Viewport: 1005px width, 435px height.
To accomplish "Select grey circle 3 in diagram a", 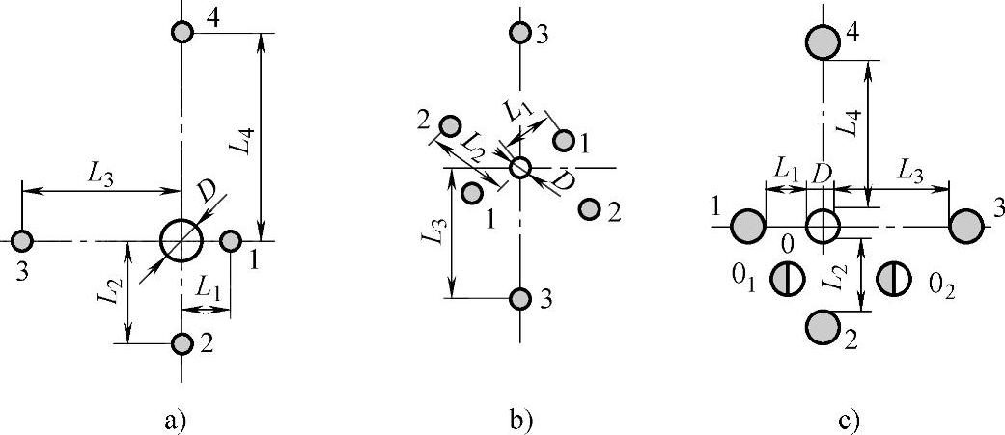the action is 21,239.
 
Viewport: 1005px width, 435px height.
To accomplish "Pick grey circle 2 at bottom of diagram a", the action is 182,343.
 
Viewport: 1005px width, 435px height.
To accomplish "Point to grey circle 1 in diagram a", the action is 231,240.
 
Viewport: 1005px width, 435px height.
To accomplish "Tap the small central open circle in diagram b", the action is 520,168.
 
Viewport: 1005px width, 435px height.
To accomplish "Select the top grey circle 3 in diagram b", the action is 521,33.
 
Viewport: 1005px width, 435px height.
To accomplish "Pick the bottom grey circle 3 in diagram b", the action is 521,298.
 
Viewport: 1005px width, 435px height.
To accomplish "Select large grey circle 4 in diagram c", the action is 822,41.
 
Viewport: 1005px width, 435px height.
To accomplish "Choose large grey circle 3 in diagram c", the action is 965,227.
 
